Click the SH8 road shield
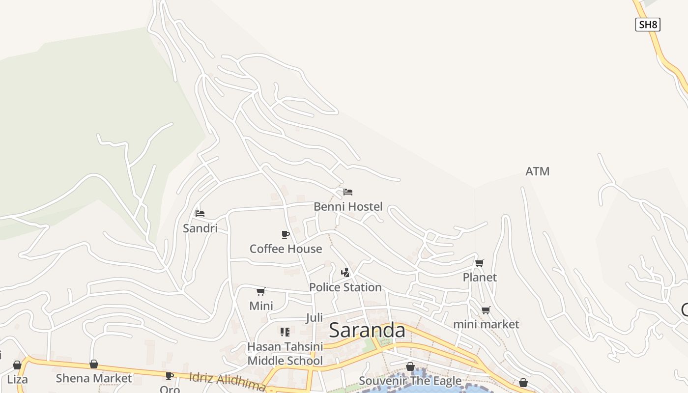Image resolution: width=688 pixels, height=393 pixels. tap(647, 25)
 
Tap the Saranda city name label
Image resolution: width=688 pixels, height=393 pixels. tap(367, 330)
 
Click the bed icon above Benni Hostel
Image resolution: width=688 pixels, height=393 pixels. tap(348, 192)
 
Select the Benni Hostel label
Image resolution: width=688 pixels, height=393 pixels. tap(348, 207)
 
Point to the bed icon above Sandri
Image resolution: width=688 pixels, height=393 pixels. tap(200, 213)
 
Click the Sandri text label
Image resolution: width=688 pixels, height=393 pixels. tap(200, 228)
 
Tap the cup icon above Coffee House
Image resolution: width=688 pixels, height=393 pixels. tap(286, 234)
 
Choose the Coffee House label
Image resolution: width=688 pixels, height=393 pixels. tap(286, 249)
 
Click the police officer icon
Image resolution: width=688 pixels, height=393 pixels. tap(345, 272)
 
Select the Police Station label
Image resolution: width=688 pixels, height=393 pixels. tap(345, 287)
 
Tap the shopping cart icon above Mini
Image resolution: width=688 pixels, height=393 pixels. tap(261, 291)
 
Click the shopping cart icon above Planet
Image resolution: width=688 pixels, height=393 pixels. tap(480, 263)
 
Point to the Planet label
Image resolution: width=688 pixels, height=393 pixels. tap(480, 278)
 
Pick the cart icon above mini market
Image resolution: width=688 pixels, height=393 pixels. tap(486, 310)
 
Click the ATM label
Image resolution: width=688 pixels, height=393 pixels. tap(537, 171)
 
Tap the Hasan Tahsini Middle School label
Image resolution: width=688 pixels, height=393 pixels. tap(285, 354)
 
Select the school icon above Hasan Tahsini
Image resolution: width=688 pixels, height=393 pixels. tap(285, 332)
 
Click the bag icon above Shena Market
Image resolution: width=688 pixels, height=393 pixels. tap(94, 364)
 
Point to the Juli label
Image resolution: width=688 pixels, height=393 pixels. tap(315, 318)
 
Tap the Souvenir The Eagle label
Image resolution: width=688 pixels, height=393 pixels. tap(410, 381)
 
